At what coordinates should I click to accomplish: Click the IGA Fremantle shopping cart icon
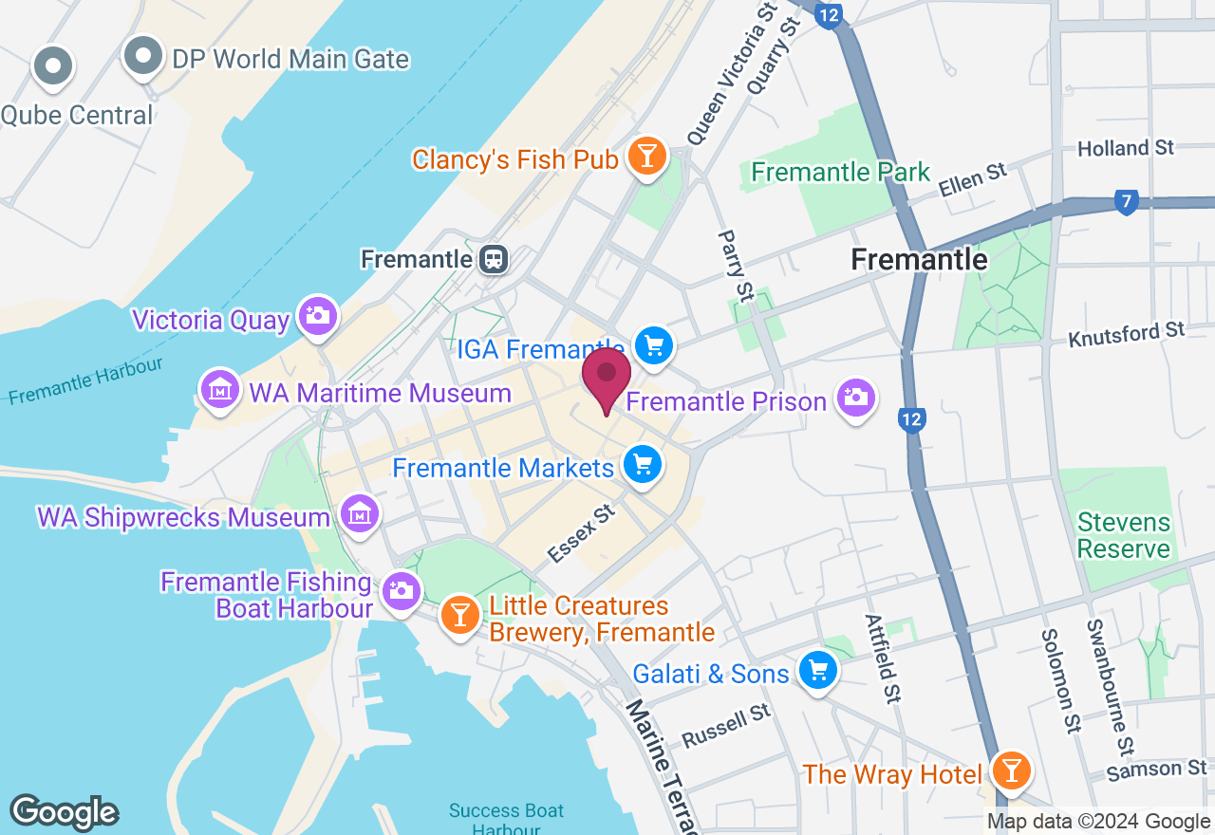click(653, 346)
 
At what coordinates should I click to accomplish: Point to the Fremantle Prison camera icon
click(856, 399)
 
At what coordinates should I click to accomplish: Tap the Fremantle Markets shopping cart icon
click(643, 465)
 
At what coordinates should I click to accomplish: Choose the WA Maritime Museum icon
click(220, 390)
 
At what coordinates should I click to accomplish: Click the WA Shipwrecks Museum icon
click(360, 514)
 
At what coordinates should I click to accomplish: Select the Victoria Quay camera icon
click(317, 316)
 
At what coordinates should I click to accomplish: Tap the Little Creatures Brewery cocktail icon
click(460, 615)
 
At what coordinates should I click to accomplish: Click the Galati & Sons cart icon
click(817, 672)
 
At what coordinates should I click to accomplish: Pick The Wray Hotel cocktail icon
click(1010, 770)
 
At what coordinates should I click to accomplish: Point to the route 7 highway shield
click(1126, 202)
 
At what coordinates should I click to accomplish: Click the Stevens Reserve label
click(1124, 536)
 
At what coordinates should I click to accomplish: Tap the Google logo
click(65, 812)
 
